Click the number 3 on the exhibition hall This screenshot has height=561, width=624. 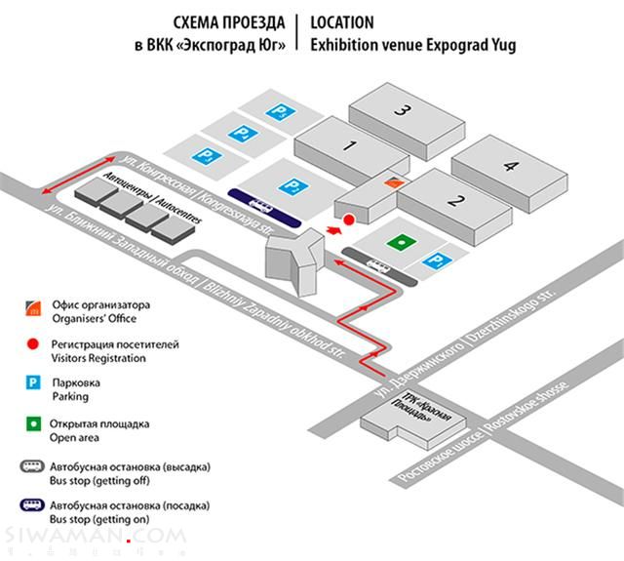400,110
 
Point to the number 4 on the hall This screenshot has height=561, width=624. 510,166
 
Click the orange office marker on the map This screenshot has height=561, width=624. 392,181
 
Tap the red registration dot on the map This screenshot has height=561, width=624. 348,220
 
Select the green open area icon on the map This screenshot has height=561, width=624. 400,241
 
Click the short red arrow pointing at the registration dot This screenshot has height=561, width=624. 334,230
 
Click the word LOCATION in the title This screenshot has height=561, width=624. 340,22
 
